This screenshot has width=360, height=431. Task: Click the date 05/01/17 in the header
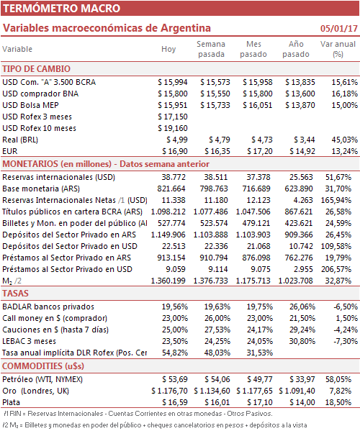(339, 28)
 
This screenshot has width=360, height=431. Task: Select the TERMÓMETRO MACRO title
(62, 8)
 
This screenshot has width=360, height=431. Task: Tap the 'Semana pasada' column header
(211, 49)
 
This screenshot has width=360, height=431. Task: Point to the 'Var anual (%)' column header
(338, 49)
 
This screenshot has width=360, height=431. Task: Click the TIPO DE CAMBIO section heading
(36, 69)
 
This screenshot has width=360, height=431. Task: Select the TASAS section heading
(15, 294)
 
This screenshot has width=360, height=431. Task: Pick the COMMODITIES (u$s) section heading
(43, 366)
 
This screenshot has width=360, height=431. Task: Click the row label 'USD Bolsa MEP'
(30, 105)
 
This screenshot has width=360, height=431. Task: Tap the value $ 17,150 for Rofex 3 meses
(173, 117)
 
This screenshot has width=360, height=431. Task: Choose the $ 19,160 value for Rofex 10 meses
(173, 128)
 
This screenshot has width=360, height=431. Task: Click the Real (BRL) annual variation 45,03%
(344, 140)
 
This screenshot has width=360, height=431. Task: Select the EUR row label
(10, 151)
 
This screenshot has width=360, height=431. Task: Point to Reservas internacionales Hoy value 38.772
(174, 177)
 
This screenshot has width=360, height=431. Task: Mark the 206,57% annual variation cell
(336, 269)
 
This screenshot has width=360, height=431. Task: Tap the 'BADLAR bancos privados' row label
(48, 307)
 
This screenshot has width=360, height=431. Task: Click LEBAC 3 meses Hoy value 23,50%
(175, 341)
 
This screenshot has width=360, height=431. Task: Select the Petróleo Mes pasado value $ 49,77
(260, 380)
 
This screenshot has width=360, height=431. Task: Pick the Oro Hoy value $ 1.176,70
(169, 391)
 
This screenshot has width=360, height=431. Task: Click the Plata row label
(11, 403)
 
